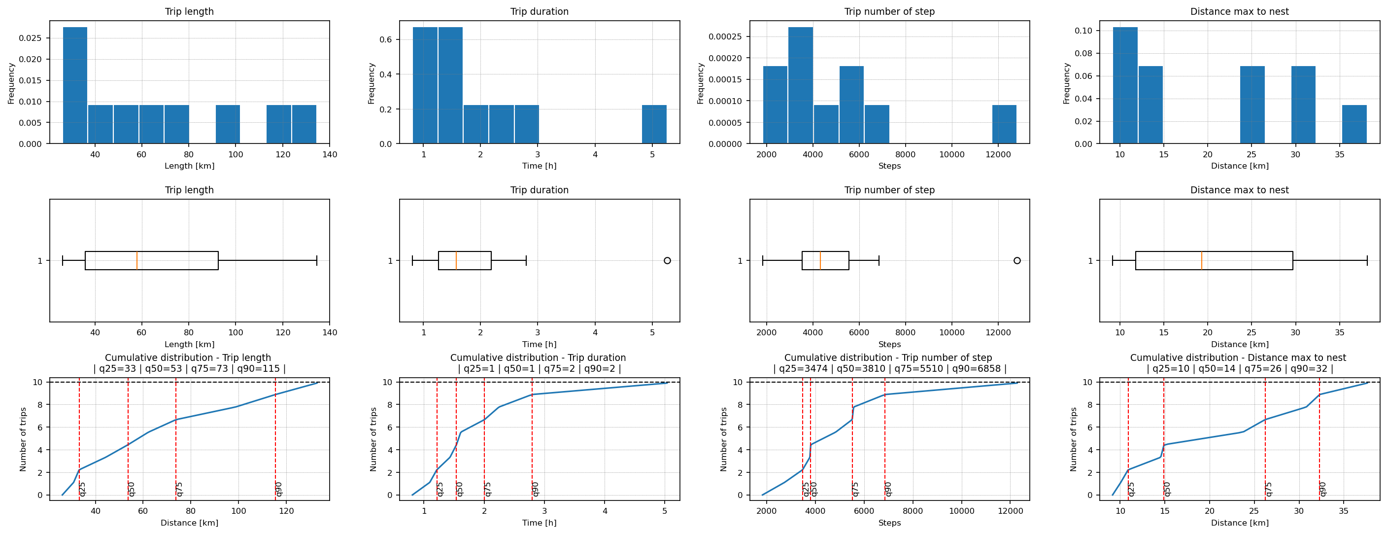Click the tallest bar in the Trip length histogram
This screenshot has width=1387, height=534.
pos(75,85)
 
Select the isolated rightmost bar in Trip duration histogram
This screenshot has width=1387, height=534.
pos(654,124)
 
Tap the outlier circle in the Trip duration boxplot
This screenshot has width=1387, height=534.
pos(667,261)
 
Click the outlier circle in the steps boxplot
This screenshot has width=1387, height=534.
pos(1016,261)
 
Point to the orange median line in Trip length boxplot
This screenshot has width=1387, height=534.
pos(137,261)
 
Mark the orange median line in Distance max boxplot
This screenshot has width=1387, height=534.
pos(1201,261)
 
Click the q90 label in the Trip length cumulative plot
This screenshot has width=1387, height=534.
pos(279,489)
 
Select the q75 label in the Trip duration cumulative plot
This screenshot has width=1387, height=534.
pos(488,489)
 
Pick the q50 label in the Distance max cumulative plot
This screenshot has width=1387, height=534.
pos(1167,489)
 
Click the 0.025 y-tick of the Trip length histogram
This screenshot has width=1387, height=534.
pos(30,38)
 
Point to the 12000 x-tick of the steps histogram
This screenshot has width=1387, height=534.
pos(998,155)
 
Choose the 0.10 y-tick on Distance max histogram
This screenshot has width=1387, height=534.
pos(1084,31)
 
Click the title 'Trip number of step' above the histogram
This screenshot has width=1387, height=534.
pos(889,11)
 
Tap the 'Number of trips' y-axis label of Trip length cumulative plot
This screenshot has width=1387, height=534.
pos(23,439)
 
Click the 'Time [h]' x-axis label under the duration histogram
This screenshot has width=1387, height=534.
pos(539,166)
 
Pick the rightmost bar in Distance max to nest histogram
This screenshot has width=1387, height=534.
pos(1353,124)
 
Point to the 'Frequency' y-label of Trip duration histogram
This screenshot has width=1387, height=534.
pos(371,83)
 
